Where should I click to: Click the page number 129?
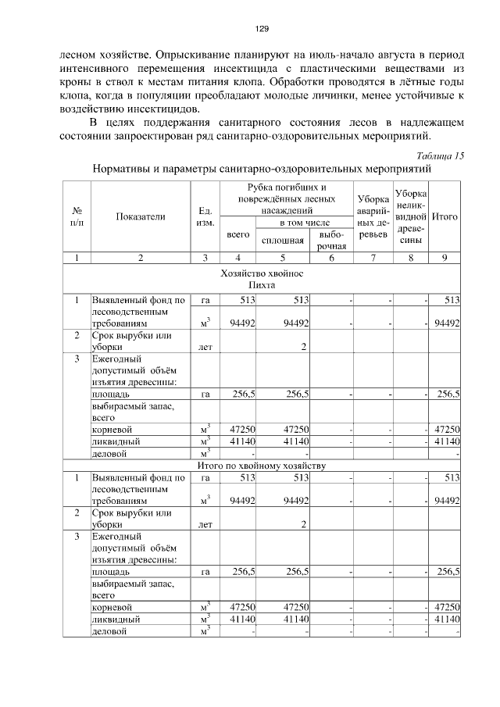(262, 29)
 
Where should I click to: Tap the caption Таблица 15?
(440, 155)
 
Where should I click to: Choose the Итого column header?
(445, 216)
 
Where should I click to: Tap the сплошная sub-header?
(282, 241)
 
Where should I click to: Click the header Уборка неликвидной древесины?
(411, 216)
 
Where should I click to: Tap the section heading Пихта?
(262, 286)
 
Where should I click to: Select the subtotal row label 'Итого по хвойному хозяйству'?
(262, 466)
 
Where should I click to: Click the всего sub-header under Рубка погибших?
(237, 234)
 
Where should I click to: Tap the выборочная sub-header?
(332, 241)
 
